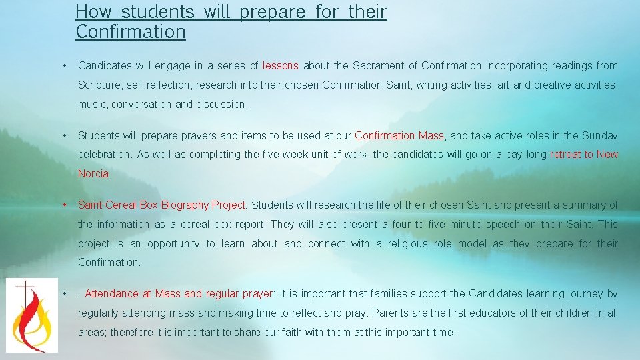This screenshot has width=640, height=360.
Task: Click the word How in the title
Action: pyautogui.click(x=95, y=11)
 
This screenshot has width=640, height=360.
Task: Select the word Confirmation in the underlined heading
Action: pyautogui.click(x=131, y=31)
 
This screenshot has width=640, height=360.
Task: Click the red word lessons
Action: pyautogui.click(x=281, y=65)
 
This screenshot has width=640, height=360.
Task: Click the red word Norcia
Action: pyautogui.click(x=93, y=173)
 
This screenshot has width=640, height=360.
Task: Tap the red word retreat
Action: pyautogui.click(x=565, y=154)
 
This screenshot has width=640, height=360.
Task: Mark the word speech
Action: pyautogui.click(x=511, y=224)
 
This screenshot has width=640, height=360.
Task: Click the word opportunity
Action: pyautogui.click(x=173, y=243)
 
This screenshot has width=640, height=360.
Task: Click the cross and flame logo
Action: pyautogui.click(x=27, y=315)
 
